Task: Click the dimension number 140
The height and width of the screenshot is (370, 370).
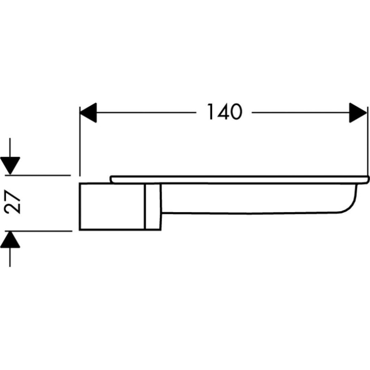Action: click(x=224, y=112)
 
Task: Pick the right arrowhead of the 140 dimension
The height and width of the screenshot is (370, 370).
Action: click(x=358, y=112)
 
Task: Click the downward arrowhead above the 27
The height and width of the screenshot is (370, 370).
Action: click(x=10, y=165)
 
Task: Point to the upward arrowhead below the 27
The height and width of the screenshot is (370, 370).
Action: click(x=10, y=240)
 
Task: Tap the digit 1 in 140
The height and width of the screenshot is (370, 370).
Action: click(x=211, y=112)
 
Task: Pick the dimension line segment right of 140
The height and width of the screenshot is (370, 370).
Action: click(x=300, y=112)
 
